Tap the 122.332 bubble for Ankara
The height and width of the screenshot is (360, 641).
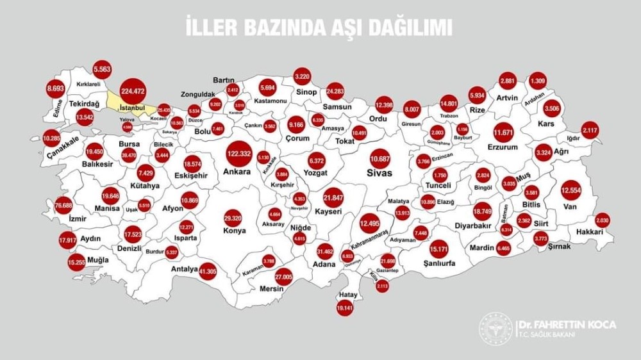point(238,154)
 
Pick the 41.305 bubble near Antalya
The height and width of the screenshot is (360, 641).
point(208,272)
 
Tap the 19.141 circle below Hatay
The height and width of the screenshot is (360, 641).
point(345,307)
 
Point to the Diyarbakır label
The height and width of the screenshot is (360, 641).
point(472,225)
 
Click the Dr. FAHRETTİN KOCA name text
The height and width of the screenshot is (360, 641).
point(567,325)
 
